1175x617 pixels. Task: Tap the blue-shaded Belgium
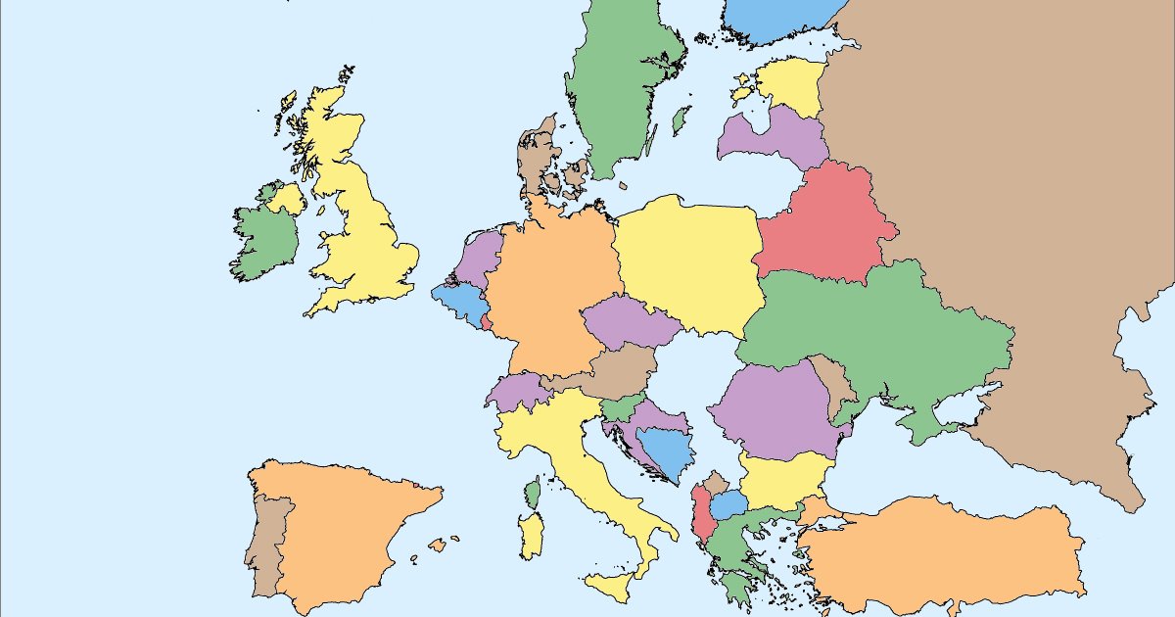(458, 302)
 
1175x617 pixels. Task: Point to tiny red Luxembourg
(487, 321)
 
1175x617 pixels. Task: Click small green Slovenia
(621, 406)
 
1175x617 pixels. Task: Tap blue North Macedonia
(729, 505)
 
